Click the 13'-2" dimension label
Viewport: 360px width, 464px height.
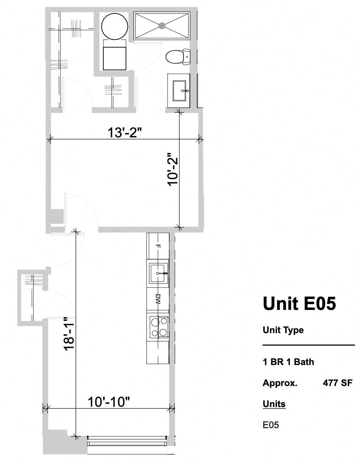pyautogui.click(x=125, y=132)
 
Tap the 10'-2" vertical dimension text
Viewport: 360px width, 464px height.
pyautogui.click(x=173, y=170)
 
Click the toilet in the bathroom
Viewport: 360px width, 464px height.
pyautogui.click(x=178, y=57)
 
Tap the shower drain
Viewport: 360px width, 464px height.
pyautogui.click(x=162, y=26)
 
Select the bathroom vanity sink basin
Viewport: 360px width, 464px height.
pyautogui.click(x=179, y=91)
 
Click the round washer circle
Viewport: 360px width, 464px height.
pyautogui.click(x=115, y=26)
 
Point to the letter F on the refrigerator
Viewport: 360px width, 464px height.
pyautogui.click(x=158, y=246)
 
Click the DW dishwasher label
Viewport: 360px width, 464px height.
pyautogui.click(x=158, y=299)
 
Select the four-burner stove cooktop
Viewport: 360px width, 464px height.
pyautogui.click(x=159, y=327)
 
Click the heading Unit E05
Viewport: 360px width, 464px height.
pyautogui.click(x=299, y=303)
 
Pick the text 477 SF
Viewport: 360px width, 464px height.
pyautogui.click(x=338, y=383)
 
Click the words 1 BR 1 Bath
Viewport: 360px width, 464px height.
pyautogui.click(x=288, y=362)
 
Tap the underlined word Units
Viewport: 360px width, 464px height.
pyautogui.click(x=274, y=404)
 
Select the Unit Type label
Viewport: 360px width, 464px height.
pyautogui.click(x=283, y=330)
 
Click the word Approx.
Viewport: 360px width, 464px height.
pyautogui.click(x=280, y=383)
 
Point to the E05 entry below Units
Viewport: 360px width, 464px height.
pyautogui.click(x=271, y=425)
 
